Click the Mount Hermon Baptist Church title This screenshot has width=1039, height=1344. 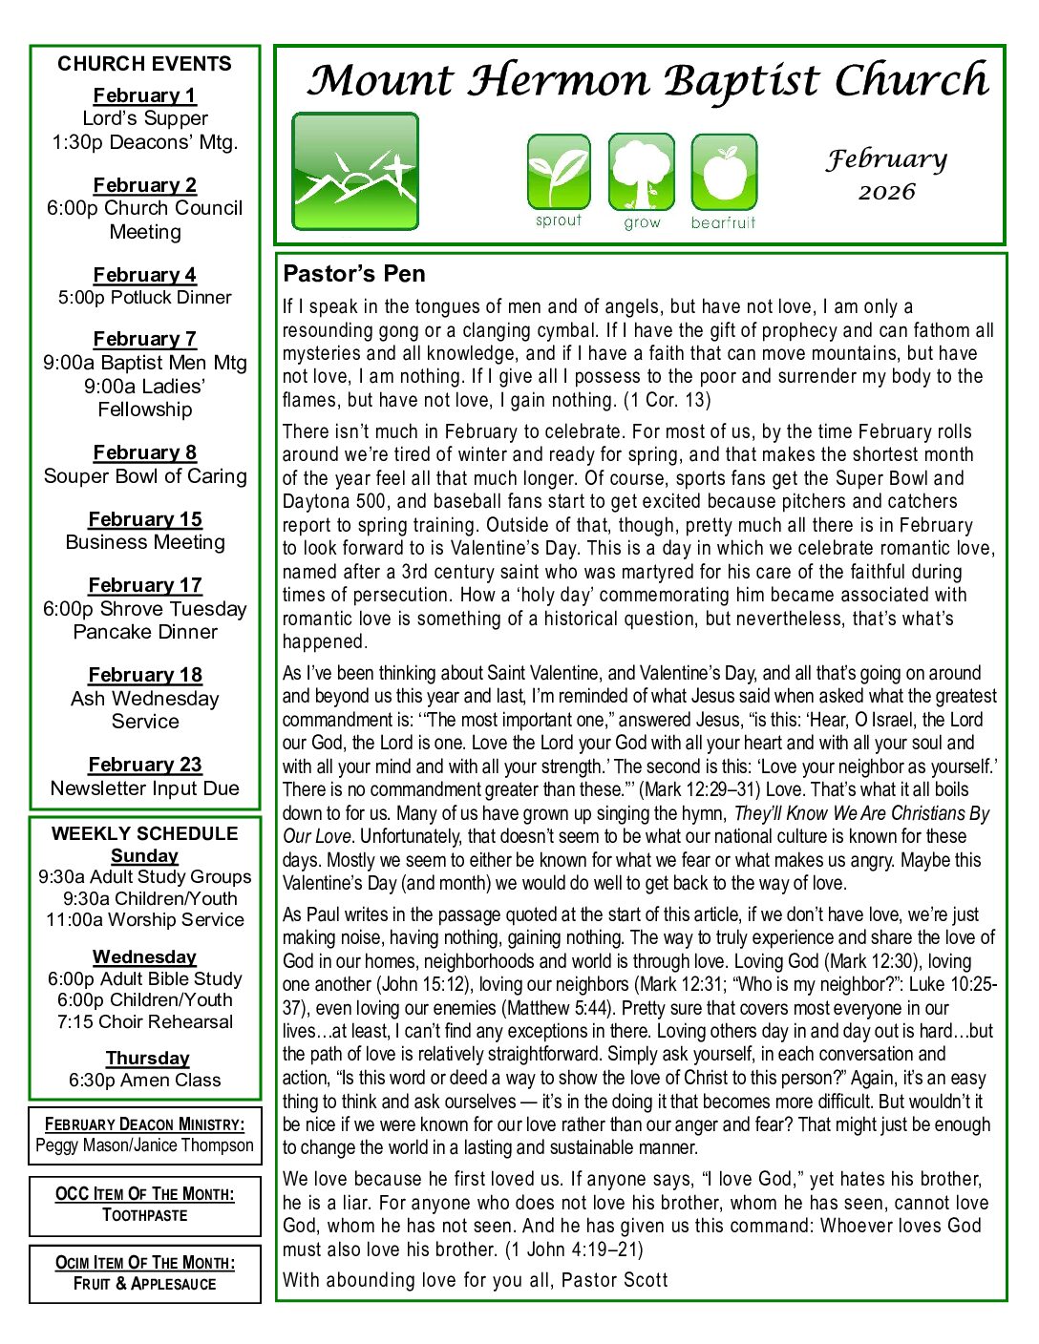click(647, 80)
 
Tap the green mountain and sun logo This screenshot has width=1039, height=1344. click(354, 172)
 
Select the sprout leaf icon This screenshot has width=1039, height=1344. click(559, 172)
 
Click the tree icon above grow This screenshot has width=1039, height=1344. click(641, 172)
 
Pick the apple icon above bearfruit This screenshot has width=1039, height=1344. click(724, 172)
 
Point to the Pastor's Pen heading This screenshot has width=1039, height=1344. click(353, 274)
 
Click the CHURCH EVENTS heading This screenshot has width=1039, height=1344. click(144, 64)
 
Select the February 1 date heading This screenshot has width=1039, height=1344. click(144, 95)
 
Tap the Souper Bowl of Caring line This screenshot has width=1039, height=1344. click(145, 476)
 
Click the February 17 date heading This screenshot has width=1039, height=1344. click(145, 585)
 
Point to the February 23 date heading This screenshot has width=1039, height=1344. click(145, 765)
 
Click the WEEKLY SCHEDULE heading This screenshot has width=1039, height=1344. click(145, 833)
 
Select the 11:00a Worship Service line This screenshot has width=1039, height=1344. click(145, 920)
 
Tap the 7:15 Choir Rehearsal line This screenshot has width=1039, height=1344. click(145, 1022)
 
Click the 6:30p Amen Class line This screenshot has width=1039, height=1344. click(145, 1081)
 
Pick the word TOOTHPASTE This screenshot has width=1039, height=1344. click(145, 1215)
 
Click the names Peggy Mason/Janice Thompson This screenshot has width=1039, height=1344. click(145, 1145)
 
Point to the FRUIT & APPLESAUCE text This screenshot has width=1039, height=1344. click(145, 1284)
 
